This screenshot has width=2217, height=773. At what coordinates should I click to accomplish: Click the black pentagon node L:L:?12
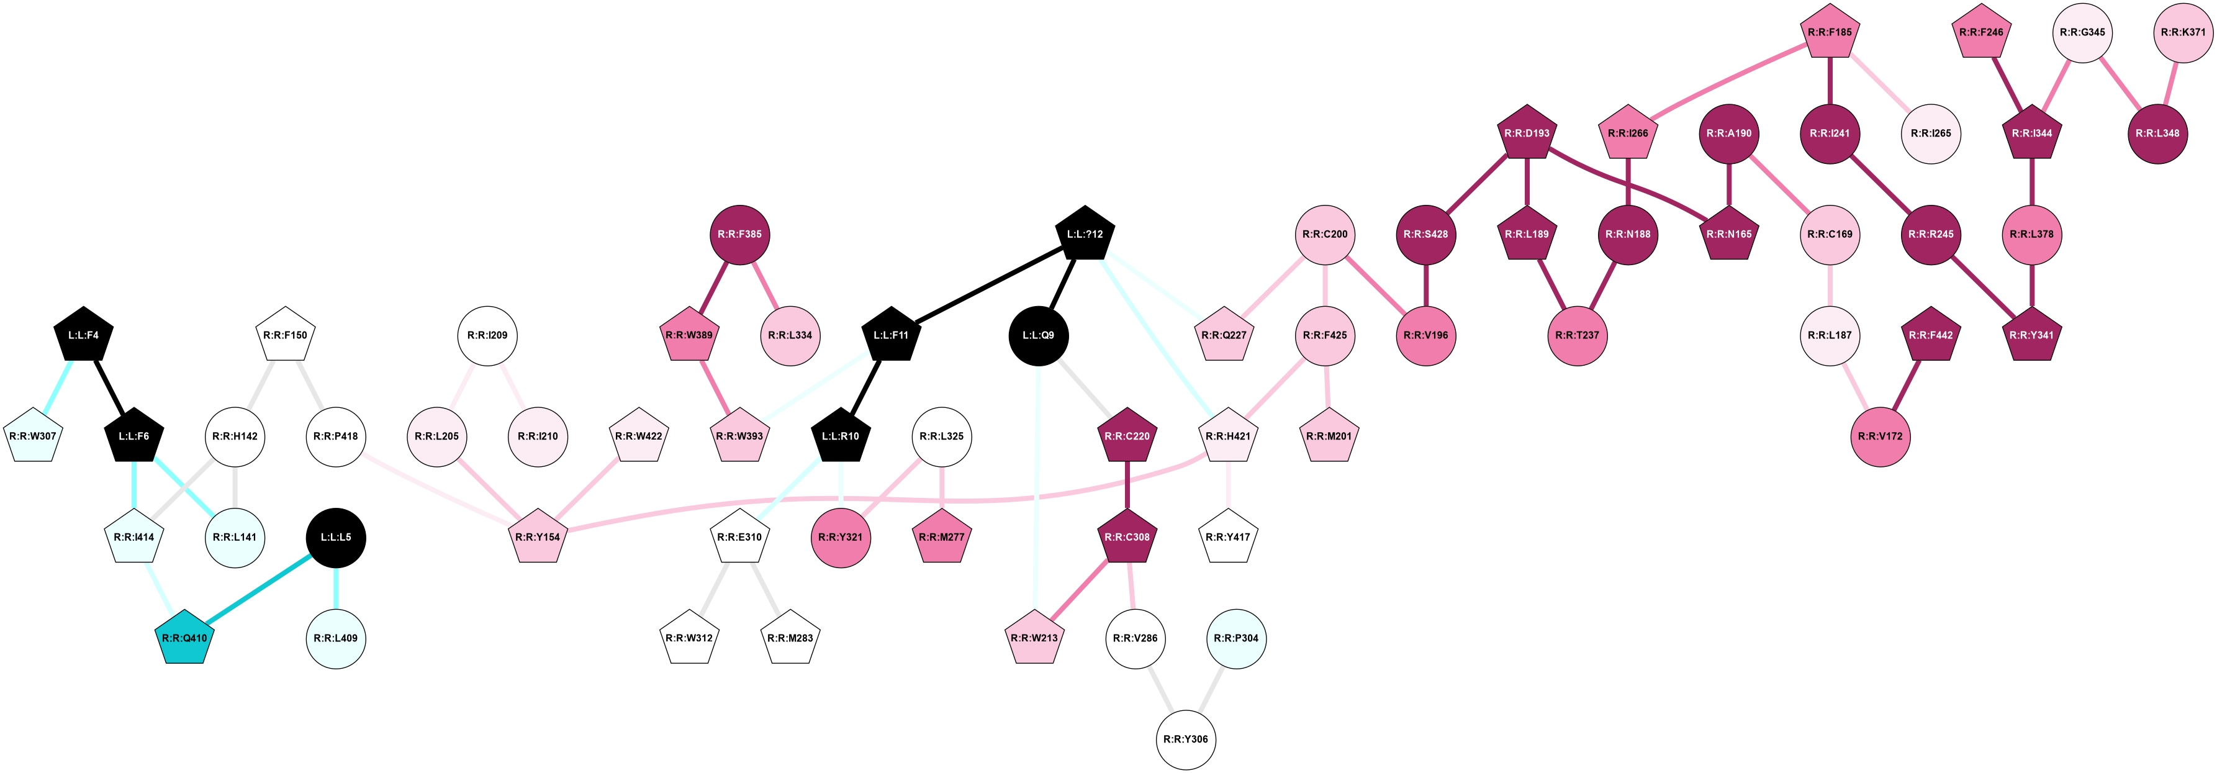[x=1085, y=234]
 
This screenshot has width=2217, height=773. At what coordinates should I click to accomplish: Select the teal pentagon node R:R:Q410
[x=185, y=638]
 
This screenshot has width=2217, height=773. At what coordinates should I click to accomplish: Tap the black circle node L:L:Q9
[x=1038, y=335]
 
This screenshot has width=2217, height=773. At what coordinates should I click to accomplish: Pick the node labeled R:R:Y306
[x=1185, y=739]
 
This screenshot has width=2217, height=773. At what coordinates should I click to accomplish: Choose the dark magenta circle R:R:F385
[x=739, y=234]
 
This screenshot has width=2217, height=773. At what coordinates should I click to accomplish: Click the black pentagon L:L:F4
[x=83, y=335]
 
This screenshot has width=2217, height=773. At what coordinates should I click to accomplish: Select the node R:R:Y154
[x=538, y=537]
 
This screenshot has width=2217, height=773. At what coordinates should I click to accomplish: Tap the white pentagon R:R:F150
[x=285, y=335]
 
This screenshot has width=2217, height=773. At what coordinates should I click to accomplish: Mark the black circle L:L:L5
[x=336, y=537]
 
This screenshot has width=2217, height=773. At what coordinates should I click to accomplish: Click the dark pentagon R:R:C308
[x=1127, y=537]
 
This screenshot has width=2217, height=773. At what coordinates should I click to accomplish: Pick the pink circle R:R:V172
[x=1880, y=436]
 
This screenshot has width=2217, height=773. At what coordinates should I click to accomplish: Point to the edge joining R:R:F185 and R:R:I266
[x=1729, y=83]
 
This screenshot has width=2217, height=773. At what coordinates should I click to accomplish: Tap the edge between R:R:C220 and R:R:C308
[x=1127, y=486]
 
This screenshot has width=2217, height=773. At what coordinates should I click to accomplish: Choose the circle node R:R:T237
[x=1577, y=335]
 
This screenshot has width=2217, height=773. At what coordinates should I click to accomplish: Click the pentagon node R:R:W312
[x=689, y=638]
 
